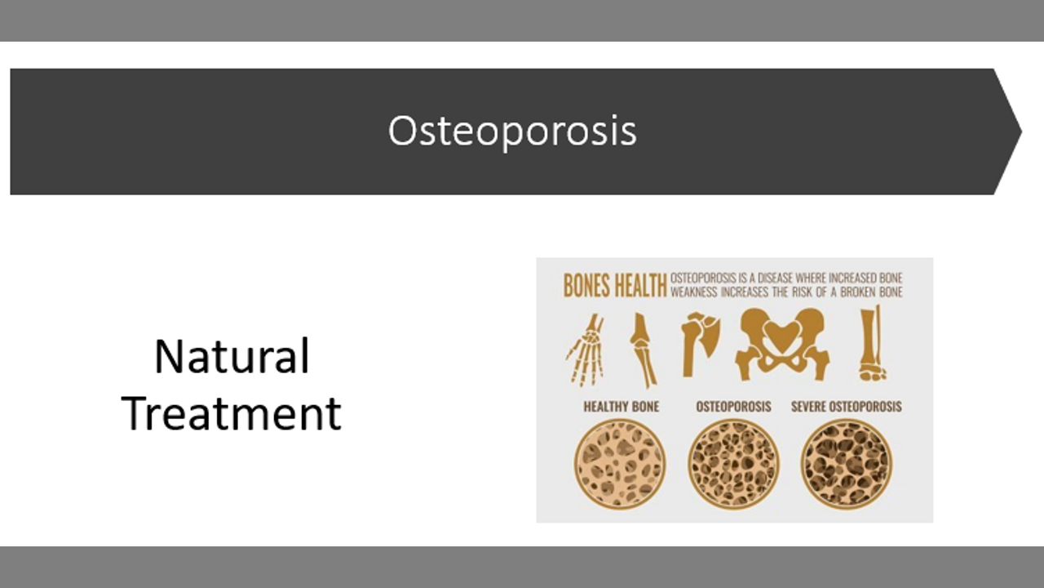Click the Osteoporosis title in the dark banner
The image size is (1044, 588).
512,131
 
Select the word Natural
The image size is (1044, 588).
232,357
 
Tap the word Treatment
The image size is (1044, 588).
231,413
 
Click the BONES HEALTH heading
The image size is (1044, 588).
615,286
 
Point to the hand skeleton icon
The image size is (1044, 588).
586,350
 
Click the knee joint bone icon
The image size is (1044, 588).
644,350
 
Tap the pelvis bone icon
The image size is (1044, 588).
782,344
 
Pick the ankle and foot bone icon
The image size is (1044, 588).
872,344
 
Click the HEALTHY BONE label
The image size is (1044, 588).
622,407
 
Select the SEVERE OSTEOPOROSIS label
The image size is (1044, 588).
847,407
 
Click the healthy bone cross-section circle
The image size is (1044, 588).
620,464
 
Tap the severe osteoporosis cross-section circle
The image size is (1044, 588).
847,464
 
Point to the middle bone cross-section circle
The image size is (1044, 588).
733,464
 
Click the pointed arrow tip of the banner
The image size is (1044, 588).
1021,131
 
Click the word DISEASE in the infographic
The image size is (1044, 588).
775,278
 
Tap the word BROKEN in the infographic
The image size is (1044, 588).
858,292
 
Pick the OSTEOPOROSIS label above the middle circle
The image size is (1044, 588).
733,407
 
